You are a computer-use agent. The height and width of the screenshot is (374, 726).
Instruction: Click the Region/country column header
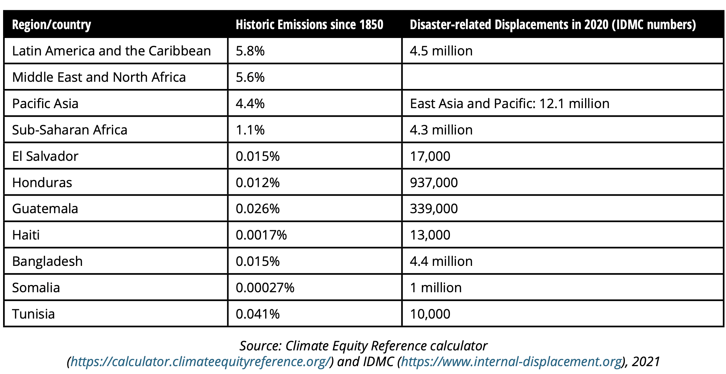tap(51, 25)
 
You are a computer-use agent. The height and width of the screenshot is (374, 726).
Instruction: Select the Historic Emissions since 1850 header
tap(309, 25)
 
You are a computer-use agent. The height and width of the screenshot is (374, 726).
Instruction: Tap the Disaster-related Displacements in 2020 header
tap(553, 25)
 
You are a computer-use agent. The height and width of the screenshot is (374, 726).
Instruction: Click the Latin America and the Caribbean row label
tap(111, 51)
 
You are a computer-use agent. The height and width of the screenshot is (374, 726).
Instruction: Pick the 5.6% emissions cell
tap(250, 77)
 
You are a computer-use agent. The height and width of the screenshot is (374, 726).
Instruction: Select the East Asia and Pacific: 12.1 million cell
tap(509, 104)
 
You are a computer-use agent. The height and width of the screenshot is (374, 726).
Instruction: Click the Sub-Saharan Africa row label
tap(69, 130)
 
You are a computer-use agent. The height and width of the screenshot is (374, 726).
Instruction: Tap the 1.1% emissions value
tap(250, 130)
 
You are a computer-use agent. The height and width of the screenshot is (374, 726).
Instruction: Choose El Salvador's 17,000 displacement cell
tap(430, 156)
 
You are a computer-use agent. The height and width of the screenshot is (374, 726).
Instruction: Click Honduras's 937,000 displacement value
tap(433, 183)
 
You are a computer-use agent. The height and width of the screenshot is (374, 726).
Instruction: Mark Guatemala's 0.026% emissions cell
tap(258, 209)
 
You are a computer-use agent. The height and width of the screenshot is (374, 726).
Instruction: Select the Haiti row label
tap(26, 235)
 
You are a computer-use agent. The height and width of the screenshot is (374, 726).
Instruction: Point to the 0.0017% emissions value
tap(261, 235)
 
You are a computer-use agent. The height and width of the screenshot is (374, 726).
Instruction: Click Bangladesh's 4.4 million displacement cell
tap(441, 261)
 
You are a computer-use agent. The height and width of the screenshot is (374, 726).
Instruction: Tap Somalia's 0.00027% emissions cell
tap(265, 288)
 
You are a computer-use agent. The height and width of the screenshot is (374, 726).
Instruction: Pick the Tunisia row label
tap(33, 314)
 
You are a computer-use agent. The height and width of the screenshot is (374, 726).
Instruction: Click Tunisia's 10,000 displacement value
tap(430, 314)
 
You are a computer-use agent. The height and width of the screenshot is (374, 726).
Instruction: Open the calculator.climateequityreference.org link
tap(200, 362)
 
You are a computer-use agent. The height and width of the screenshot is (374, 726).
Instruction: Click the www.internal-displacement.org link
tap(511, 362)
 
